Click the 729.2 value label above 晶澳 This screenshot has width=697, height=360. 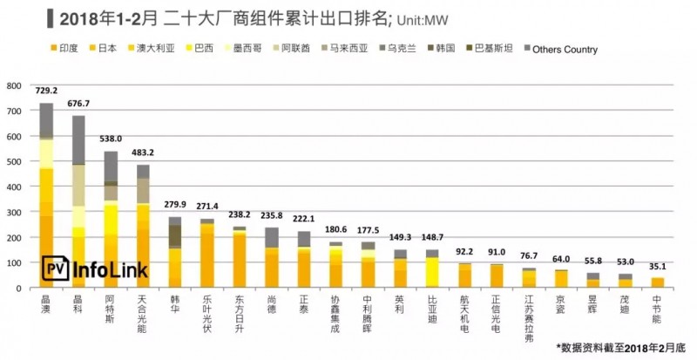[x=47, y=91]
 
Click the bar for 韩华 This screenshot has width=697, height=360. [x=174, y=253]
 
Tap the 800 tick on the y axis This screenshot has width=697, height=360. [x=14, y=85]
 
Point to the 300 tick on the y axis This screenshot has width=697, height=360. [x=14, y=212]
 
